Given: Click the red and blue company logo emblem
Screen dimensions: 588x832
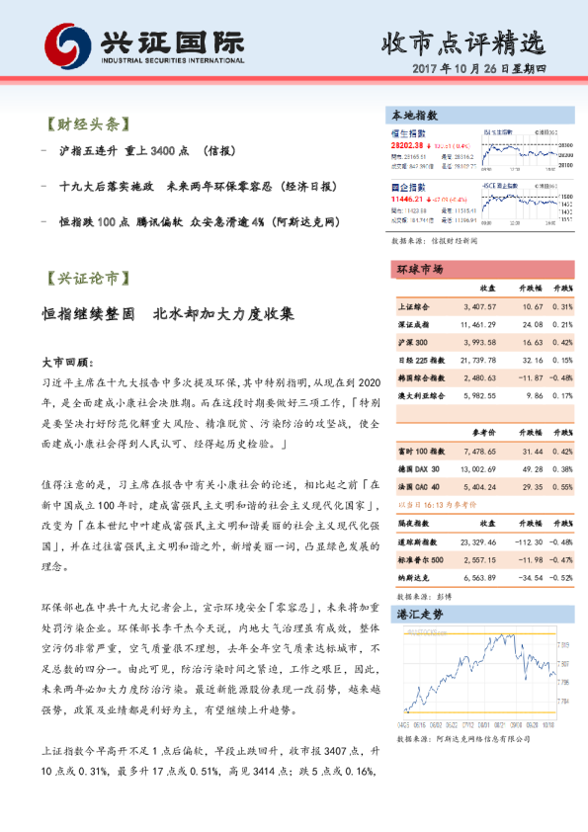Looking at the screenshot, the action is click(62, 44).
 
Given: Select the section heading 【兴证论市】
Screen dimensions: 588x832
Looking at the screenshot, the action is click(88, 277).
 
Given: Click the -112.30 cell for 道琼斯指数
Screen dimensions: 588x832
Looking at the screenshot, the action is click(524, 542).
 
